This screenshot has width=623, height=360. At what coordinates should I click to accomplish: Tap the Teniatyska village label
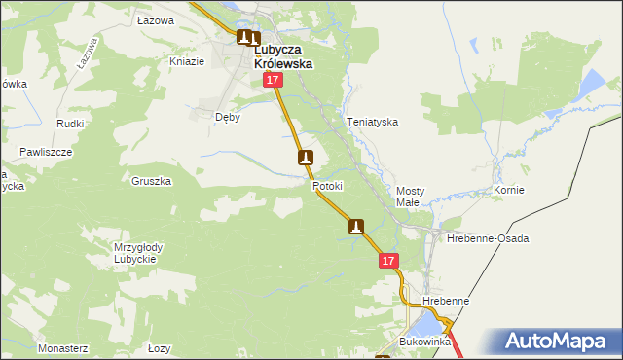point(373,123)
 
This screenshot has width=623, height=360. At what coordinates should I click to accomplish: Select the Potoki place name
point(329,186)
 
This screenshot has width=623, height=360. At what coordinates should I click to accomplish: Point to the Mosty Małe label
point(408,197)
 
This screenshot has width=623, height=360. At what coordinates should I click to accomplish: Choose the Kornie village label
point(509,190)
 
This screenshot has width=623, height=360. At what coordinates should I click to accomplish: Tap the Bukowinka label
point(425,342)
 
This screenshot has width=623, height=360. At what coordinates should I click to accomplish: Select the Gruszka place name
point(152,181)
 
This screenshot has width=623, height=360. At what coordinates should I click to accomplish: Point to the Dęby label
point(227,116)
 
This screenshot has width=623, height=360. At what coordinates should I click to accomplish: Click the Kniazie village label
point(187,61)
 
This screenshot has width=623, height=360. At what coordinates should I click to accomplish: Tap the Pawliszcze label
point(47,153)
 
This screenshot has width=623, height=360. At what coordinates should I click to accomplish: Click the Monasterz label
point(63,347)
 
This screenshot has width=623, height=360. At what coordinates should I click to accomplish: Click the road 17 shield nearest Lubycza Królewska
point(273,86)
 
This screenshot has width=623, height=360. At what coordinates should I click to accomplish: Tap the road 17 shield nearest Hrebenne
point(388,261)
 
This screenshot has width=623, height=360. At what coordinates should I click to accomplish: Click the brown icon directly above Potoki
point(306,158)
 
